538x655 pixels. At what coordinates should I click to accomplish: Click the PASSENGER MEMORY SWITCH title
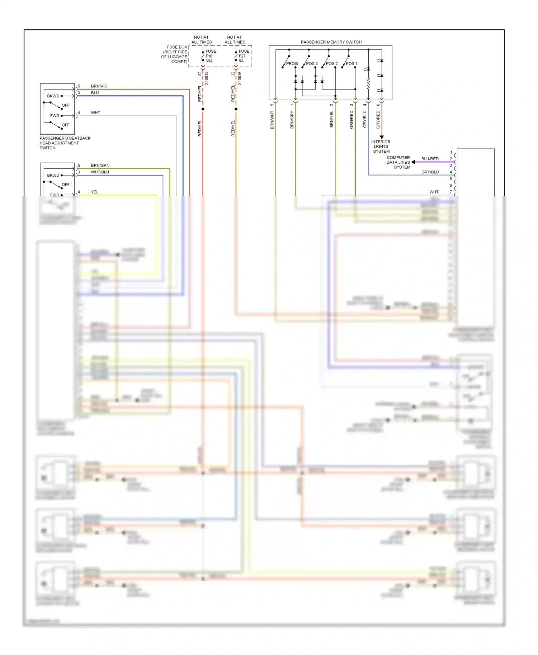pos(331,42)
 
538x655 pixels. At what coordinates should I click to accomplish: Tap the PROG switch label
pos(292,63)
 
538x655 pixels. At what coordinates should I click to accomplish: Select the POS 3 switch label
pos(312,63)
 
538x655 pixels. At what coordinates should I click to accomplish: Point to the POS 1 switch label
pos(351,63)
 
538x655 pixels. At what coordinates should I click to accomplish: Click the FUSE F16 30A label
pos(211,56)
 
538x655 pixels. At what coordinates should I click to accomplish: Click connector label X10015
pos(206,78)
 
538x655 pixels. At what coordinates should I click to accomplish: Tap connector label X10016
pos(240,78)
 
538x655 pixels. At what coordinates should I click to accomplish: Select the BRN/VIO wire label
pos(99,86)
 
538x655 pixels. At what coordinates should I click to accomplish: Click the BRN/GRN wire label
pos(100,165)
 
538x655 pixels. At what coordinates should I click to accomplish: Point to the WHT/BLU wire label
pos(100,172)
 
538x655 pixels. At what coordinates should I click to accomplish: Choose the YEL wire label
pos(95,192)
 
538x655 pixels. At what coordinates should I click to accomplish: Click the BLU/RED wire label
pos(430,159)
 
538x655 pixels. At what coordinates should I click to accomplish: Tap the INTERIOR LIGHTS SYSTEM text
pos(381,147)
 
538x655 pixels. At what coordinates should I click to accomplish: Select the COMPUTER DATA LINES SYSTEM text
pos(398,162)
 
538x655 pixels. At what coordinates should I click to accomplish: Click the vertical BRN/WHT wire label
pos(272,120)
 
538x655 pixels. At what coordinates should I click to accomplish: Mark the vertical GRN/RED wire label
pos(351,120)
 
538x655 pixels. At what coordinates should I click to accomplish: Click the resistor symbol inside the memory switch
pos(368,84)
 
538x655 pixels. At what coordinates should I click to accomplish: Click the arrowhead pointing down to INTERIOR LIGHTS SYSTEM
pos(382,137)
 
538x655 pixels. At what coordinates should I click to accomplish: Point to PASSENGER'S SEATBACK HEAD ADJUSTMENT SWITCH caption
pos(65,143)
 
